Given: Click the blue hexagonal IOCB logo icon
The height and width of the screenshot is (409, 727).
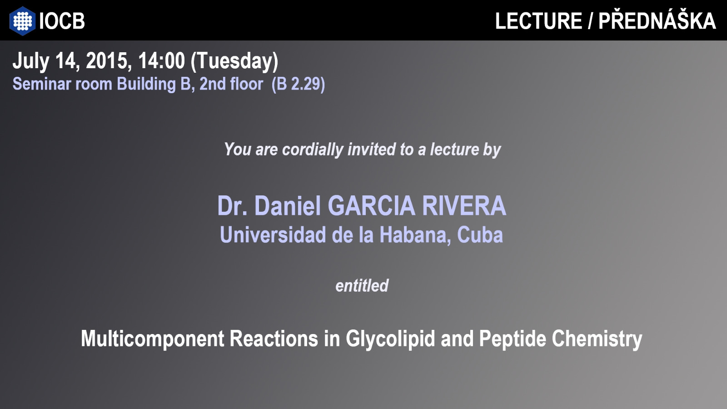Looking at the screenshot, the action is pos(22,21).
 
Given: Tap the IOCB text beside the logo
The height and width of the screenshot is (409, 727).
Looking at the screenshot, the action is pos(62,21).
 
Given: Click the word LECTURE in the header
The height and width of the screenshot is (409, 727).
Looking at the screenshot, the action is pos(538,21).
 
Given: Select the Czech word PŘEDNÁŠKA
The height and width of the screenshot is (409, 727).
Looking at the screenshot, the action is pos(657,20).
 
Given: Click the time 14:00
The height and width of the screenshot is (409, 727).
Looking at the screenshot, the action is pos(161,61).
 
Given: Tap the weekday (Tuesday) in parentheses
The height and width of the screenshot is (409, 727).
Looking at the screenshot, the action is pos(234,61).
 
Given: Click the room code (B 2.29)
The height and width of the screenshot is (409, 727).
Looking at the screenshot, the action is pos(298,84).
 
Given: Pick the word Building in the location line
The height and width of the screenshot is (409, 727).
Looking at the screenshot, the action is pos(146,85).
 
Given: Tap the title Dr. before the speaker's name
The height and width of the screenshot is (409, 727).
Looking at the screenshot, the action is pos(232,206).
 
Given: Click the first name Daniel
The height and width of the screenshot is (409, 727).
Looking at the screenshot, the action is pos(288,206).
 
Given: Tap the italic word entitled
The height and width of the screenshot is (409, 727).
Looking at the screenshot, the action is pos(362,286).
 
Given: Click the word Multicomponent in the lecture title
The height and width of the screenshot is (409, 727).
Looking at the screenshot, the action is pos(153,339).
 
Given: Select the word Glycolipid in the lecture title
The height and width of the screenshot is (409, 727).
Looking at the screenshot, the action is pos(390,339).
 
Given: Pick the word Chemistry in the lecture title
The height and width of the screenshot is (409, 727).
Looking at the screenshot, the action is pos(597,339).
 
